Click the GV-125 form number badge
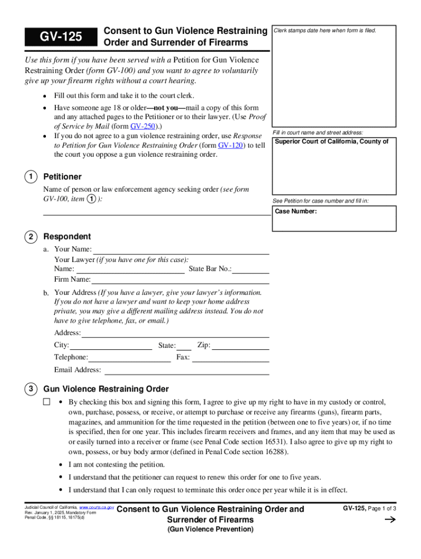[60, 37]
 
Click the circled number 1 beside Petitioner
[31, 176]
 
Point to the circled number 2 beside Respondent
[31, 236]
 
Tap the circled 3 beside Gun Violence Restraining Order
[31, 389]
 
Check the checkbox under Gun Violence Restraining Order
[46, 402]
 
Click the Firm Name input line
[180, 280]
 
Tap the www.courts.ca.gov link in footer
[97, 507]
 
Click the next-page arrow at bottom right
[390, 520]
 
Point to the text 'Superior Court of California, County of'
[331, 142]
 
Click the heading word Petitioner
[62, 177]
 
